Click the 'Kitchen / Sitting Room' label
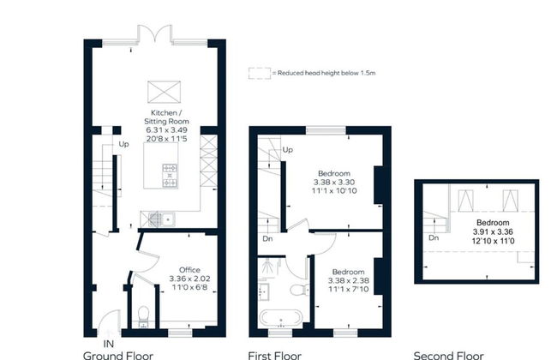coord(165,118)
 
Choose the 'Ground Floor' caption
coord(117,354)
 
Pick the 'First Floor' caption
coord(274,354)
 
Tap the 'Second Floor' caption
coord(448,354)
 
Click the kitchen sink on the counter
coord(159,217)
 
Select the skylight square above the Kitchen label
coord(161,91)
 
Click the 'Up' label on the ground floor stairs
coord(124,143)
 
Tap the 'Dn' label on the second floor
coord(434,237)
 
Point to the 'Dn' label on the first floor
coord(267,240)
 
